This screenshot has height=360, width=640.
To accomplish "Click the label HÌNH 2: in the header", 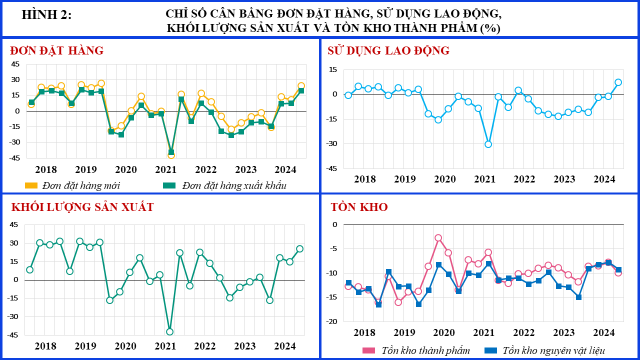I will point(47,15).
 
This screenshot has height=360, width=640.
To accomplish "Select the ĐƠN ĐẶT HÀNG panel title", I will point(57,50).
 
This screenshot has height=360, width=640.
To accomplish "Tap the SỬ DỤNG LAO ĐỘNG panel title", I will point(388,50).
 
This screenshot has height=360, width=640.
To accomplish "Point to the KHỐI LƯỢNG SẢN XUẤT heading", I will point(82,207).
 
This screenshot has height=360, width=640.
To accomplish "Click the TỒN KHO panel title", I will point(359,207).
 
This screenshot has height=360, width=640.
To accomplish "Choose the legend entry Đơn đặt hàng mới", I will point(73,185).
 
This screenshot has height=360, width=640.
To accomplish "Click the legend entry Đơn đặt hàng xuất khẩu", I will point(225,185).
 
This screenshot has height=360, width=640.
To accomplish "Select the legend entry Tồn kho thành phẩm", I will point(416,350).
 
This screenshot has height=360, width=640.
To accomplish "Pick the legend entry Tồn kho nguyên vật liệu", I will point(545,350).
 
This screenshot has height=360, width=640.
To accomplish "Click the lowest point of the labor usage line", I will point(488,144).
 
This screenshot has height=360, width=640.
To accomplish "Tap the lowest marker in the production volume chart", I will point(169,331).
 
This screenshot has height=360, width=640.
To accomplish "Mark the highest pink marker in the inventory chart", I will point(438,238).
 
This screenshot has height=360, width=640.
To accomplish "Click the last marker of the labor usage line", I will point(618,82).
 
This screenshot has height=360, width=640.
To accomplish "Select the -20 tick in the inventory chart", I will point(332,321).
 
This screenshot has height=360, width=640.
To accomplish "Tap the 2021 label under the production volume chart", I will point(165,346).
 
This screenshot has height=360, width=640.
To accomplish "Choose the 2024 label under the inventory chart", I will point(604,332).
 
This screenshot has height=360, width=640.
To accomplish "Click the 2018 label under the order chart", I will point(46,169).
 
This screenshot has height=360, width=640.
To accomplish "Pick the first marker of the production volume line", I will point(30,270).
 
